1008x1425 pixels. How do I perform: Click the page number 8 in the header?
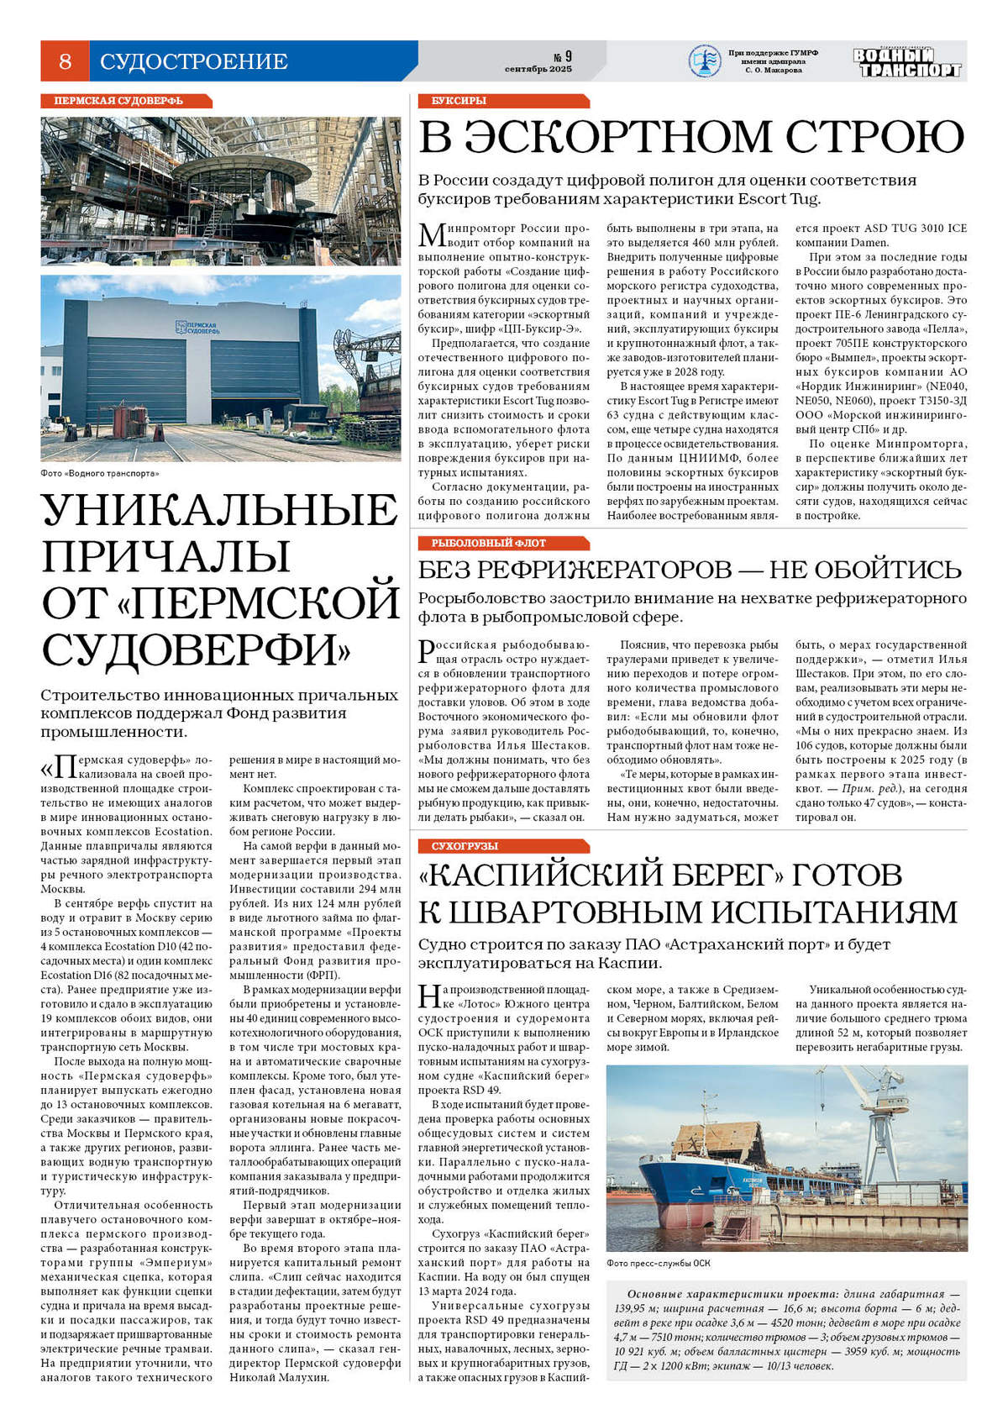click(65, 61)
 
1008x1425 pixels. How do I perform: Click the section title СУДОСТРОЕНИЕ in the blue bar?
click(194, 61)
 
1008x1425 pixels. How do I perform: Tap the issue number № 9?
click(563, 56)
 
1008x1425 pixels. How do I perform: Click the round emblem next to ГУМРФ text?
click(704, 61)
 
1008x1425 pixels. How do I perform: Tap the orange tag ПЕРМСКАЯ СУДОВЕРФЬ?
click(118, 101)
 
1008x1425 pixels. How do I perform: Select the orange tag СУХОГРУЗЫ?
click(465, 846)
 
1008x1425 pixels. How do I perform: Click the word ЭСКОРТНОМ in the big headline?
click(648, 137)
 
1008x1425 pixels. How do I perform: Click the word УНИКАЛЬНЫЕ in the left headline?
click(220, 509)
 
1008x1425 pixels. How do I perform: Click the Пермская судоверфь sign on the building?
click(198, 328)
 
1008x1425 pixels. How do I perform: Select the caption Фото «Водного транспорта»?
click(99, 473)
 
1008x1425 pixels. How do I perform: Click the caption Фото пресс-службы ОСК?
click(659, 1262)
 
